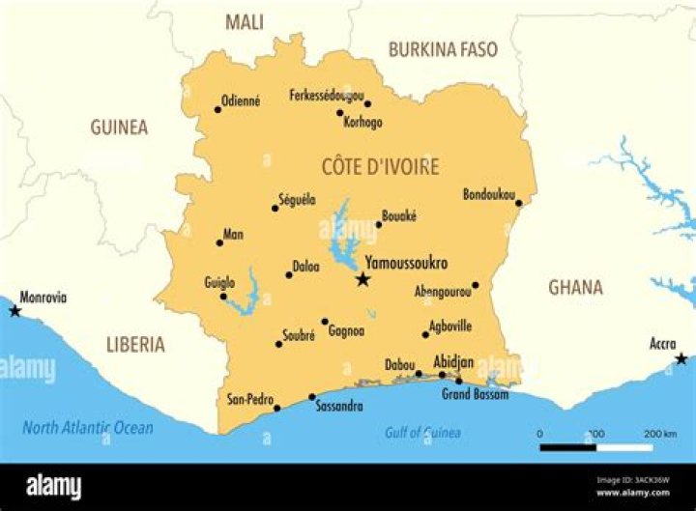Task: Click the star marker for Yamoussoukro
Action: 362,279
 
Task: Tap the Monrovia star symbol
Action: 14,310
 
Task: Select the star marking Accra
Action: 681,358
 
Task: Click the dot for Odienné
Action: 217,109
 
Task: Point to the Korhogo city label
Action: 362,123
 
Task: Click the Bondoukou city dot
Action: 518,203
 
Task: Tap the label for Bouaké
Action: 398,216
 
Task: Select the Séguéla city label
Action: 297,199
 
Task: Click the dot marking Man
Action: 219,242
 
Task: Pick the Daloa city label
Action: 305,266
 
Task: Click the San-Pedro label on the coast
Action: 250,398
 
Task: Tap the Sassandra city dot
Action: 311,396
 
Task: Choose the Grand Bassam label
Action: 476,394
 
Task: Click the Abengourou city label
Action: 443,291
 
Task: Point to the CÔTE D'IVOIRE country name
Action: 380,166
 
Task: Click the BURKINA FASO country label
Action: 443,49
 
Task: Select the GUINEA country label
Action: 119,127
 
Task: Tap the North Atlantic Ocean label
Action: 88,428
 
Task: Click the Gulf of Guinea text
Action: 422,433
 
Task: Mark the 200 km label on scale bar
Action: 659,433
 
